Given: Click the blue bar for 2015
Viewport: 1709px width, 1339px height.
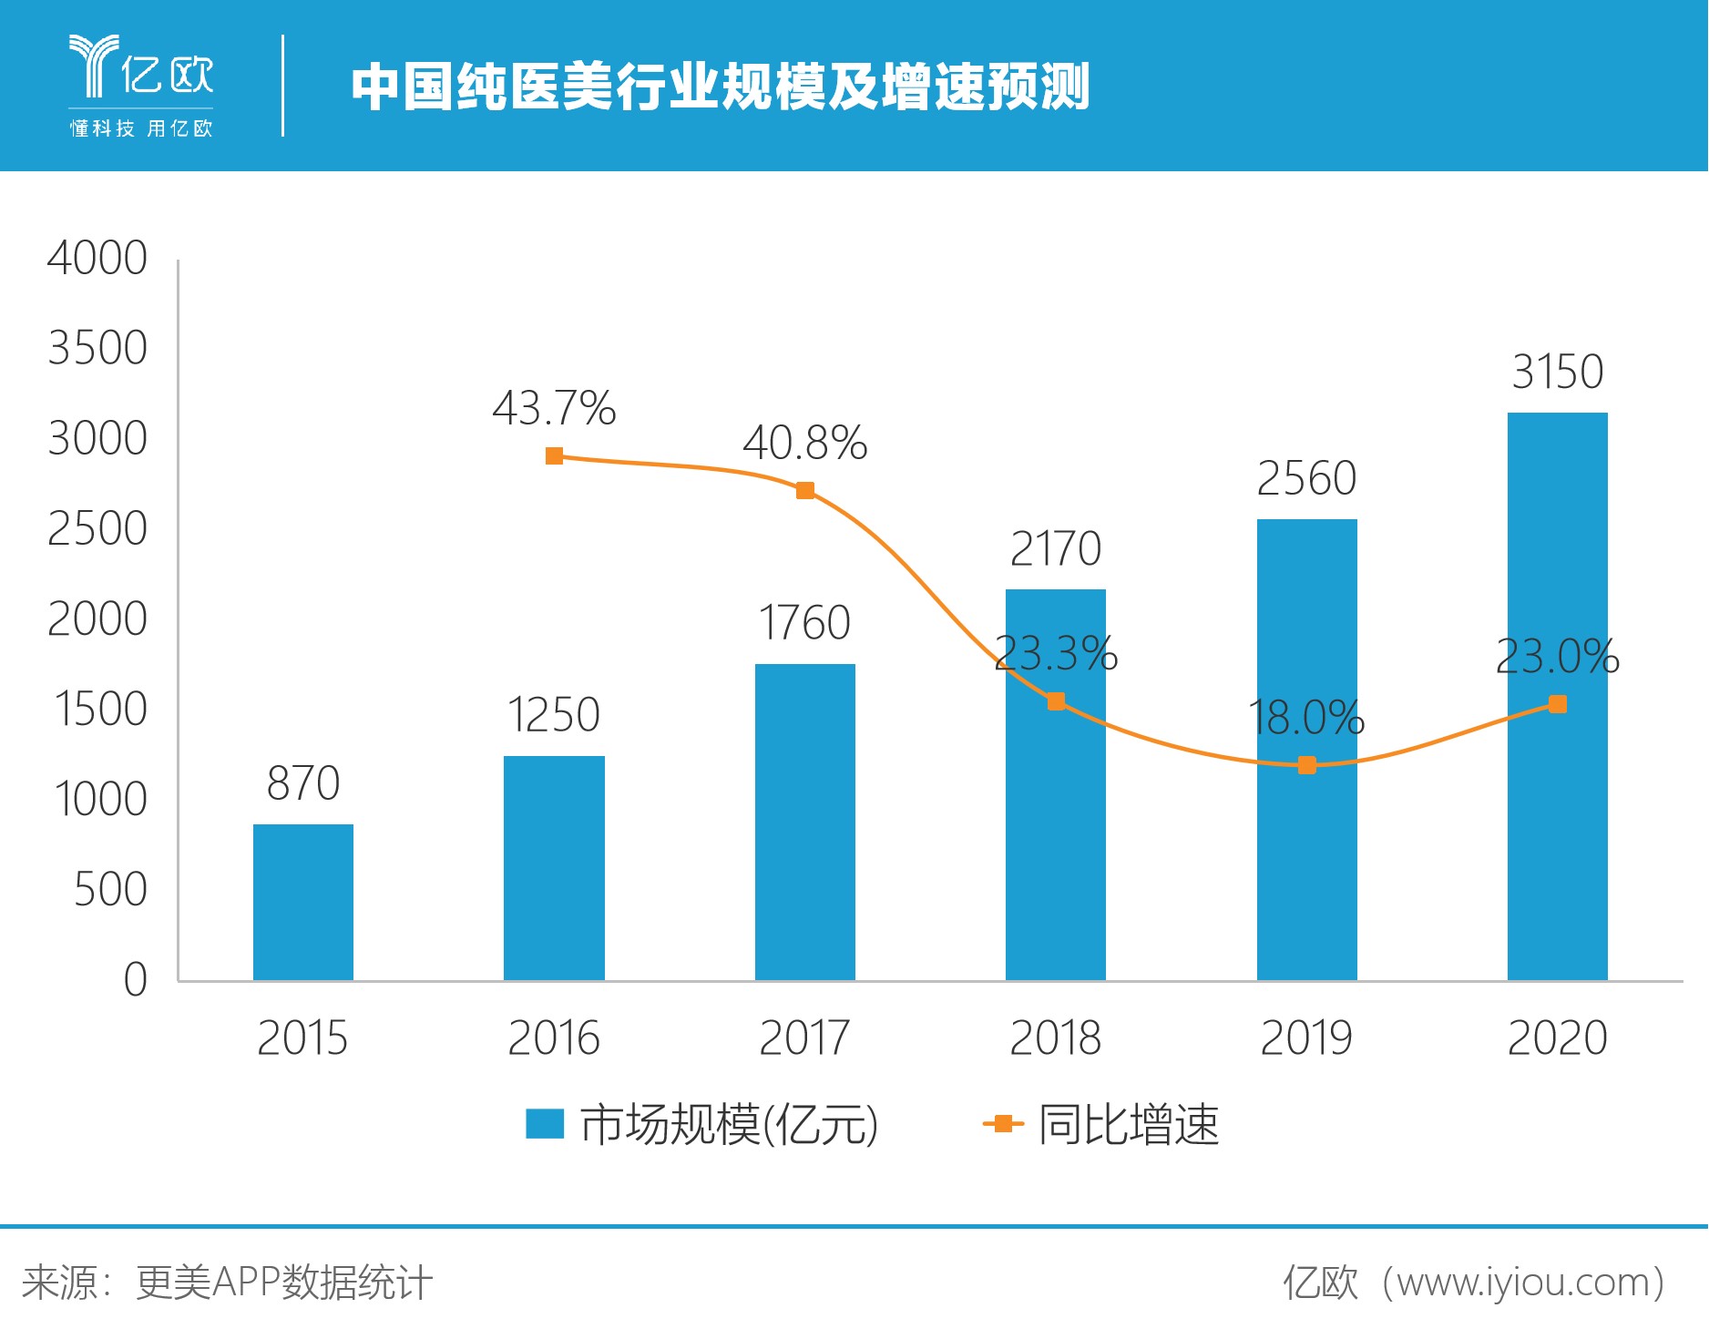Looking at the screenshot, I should click(x=302, y=902).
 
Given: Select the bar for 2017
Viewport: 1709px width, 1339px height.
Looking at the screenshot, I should click(x=804, y=822).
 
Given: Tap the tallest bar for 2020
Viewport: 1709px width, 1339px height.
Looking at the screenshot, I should click(x=1557, y=696).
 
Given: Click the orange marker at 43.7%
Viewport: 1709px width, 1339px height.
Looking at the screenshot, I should click(x=554, y=455).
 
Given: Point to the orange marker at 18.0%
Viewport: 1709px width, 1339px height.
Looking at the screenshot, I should click(x=1306, y=765).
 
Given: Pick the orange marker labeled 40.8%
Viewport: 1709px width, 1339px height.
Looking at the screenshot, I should click(x=804, y=491).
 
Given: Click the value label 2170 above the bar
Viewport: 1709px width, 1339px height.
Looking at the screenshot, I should click(x=1056, y=548).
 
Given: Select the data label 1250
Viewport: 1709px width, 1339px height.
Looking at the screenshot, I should click(x=554, y=714).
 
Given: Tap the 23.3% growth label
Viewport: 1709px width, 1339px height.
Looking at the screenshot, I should click(x=1056, y=653).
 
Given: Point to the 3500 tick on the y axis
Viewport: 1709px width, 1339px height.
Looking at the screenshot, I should click(x=97, y=348).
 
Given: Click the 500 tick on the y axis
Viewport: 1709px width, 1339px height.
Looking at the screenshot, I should click(x=110, y=889).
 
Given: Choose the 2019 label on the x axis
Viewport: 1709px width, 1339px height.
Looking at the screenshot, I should click(x=1306, y=1037).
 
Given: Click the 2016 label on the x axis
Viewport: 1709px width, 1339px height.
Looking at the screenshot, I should click(x=554, y=1037).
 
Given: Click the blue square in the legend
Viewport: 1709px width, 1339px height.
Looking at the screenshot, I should click(x=545, y=1124).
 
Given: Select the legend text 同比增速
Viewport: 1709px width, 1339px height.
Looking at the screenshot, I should click(x=1128, y=1124).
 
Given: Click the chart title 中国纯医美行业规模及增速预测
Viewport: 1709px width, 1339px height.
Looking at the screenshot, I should click(x=720, y=87).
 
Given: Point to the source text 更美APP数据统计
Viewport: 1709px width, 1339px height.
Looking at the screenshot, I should click(x=283, y=1283).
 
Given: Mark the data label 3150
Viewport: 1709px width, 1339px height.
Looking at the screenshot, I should click(x=1557, y=372).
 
